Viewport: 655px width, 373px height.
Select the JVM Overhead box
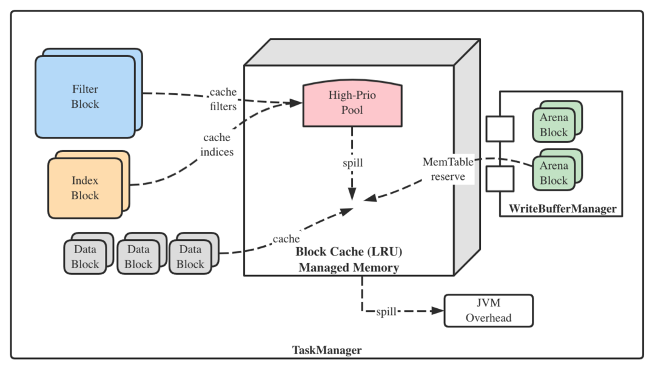point(488,311)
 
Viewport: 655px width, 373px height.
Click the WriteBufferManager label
point(562,209)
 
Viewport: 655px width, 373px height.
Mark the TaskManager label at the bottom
point(327,350)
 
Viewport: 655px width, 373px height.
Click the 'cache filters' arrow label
point(223,99)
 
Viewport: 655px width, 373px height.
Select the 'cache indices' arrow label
point(217,145)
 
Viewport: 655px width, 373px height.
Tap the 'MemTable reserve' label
point(448,169)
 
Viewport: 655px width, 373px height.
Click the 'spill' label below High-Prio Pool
point(352,163)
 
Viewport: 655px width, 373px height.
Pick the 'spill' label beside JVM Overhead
point(386,312)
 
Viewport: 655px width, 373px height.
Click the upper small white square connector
point(500,129)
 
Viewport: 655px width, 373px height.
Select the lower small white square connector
point(500,179)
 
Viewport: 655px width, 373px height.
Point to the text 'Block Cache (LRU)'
point(349,251)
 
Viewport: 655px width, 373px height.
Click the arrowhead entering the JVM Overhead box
point(438,311)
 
